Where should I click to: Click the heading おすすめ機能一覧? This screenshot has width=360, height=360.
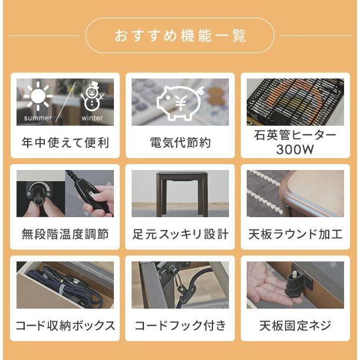[x=180, y=35]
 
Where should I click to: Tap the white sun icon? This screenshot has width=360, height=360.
[x=38, y=97]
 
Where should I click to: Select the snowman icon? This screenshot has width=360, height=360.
[x=91, y=98]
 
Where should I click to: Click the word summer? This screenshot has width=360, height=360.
[x=38, y=118]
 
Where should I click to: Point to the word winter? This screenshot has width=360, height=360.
[x=92, y=118]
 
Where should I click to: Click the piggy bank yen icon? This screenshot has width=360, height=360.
[x=179, y=102]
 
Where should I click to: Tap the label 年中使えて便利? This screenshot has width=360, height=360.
[x=65, y=143]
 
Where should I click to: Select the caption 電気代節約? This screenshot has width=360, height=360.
[x=180, y=143]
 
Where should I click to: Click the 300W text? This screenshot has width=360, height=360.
[x=294, y=150]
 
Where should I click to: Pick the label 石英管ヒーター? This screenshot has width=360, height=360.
[x=294, y=136]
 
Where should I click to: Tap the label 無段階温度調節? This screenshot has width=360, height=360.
[x=65, y=234]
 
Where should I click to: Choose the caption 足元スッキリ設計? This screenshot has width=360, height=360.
[x=180, y=234]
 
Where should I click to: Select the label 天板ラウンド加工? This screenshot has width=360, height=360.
[x=294, y=234]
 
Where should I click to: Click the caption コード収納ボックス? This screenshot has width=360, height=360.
[x=65, y=326]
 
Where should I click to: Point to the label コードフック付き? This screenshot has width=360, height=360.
[x=180, y=326]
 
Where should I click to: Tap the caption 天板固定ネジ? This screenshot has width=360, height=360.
[x=294, y=326]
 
